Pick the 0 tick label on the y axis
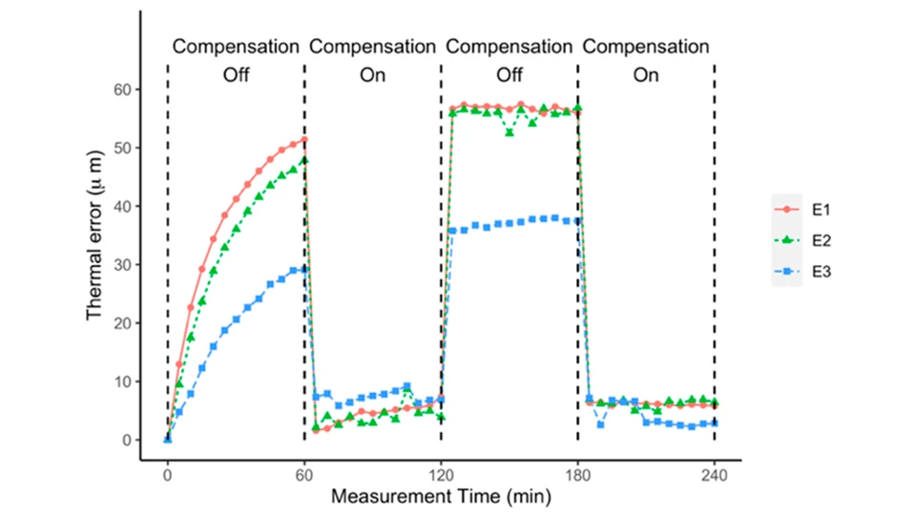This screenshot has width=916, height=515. [x=126, y=441]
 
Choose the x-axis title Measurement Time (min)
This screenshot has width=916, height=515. [x=440, y=498]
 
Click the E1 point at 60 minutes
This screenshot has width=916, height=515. [x=304, y=139]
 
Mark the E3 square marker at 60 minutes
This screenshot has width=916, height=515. [x=304, y=270]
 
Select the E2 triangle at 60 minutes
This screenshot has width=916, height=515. [x=304, y=160]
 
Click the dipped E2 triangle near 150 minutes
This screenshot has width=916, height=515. [x=510, y=133]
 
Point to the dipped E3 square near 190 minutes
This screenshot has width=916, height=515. [x=600, y=424]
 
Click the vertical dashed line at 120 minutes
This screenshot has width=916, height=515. [x=441, y=286]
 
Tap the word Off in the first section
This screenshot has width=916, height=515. [x=236, y=76]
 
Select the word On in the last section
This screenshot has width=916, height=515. [x=646, y=76]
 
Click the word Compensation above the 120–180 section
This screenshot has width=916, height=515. [x=510, y=46]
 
